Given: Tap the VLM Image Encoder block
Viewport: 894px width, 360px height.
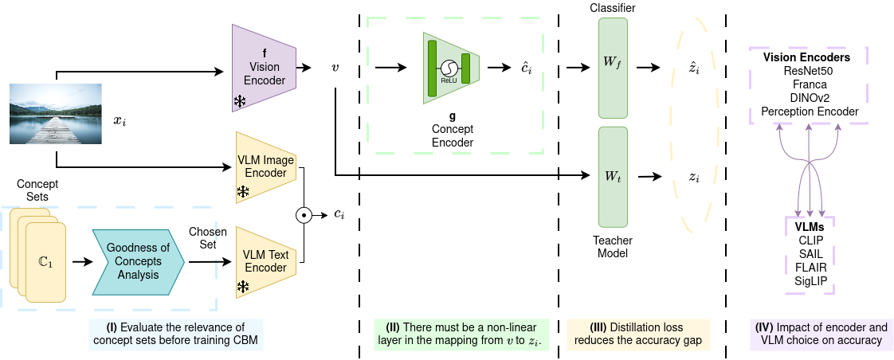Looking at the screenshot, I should [x=266, y=166].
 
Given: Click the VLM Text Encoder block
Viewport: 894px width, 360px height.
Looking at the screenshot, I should [x=266, y=262].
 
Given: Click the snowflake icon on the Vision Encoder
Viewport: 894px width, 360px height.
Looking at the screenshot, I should [x=240, y=100].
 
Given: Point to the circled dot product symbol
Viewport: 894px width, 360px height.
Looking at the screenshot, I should [x=303, y=215].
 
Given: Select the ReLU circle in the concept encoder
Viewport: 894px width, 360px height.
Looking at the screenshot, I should [x=447, y=68].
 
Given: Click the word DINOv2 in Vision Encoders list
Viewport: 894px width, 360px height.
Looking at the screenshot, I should [x=810, y=97].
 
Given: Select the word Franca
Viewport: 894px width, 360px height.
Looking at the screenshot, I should [x=810, y=84].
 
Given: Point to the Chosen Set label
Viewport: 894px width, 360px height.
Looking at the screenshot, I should [x=207, y=238].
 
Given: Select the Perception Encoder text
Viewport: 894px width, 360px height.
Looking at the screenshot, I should [x=810, y=111].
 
